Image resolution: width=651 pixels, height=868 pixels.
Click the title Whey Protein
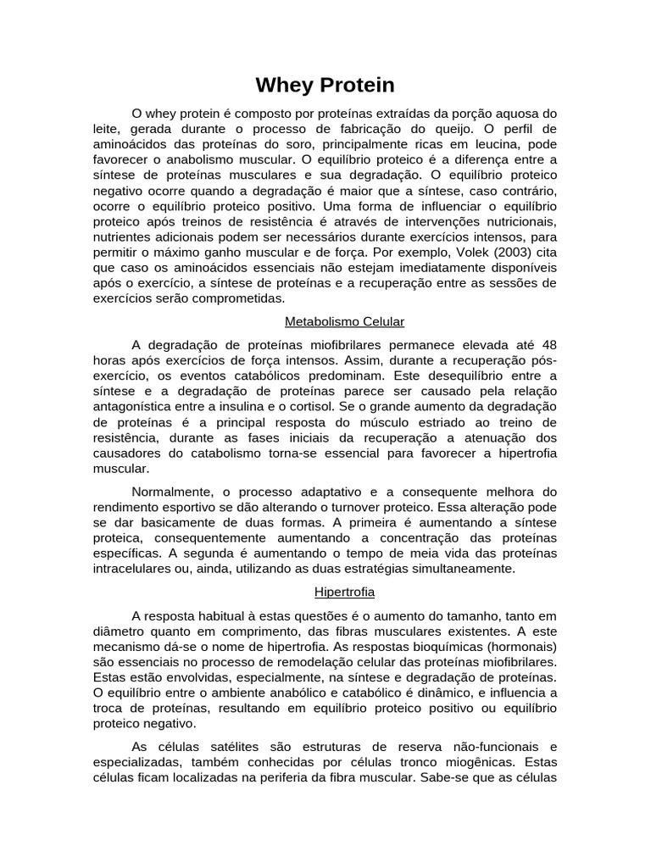coord(325,86)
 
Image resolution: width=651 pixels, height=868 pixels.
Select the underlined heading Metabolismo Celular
coord(344,322)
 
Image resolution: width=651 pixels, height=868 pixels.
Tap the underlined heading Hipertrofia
coord(344,592)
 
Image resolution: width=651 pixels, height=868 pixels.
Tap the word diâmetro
coord(120,631)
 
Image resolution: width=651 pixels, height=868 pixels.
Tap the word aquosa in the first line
coord(510,114)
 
